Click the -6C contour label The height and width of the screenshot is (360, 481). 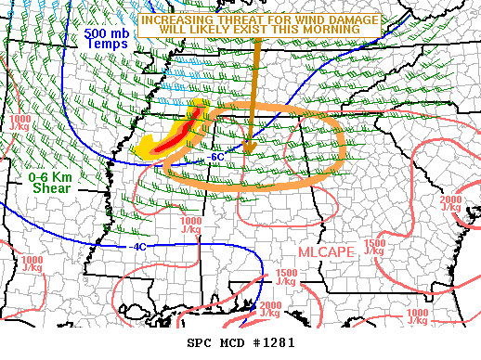coord(215,157)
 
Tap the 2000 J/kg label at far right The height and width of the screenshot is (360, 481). coord(451,204)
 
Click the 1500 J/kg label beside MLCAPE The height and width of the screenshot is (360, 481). coord(375,248)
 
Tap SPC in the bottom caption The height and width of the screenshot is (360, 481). coord(200,343)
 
